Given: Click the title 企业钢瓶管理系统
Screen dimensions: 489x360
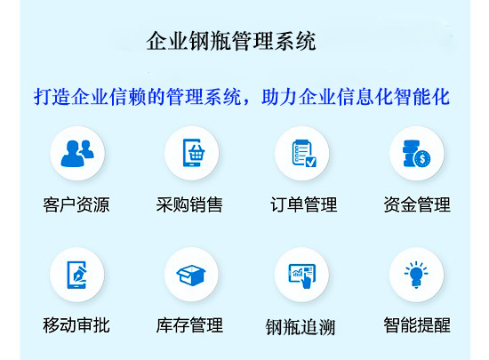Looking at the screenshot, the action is coord(231,41).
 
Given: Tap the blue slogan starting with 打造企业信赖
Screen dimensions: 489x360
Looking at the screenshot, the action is coord(242,97).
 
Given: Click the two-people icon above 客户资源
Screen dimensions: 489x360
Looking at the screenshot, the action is coord(77,154).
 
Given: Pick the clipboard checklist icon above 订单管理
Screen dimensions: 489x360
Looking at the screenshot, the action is coord(304,153).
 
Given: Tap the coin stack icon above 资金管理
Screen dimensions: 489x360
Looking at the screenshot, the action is coord(416,154).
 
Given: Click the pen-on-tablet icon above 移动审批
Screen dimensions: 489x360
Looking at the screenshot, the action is coord(76,275).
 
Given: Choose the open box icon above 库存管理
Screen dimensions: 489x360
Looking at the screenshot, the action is coord(191,275).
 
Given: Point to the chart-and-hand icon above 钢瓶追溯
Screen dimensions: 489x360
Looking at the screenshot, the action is coord(302,276).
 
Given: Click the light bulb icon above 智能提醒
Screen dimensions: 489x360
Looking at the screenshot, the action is coord(416,275).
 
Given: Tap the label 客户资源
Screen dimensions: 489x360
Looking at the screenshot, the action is coord(76,204).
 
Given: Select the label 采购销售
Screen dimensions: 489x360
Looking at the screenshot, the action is coord(189,204).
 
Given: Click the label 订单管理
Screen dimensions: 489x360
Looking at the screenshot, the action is coord(304,204).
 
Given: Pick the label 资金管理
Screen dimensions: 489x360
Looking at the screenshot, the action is coord(417,204).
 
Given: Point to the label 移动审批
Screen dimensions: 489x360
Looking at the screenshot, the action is coord(76,325).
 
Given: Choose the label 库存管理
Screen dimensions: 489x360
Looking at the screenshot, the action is coord(189,325).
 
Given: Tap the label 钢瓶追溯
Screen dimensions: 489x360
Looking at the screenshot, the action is coord(301,327).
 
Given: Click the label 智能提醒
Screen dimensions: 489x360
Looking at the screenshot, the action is coord(417,325).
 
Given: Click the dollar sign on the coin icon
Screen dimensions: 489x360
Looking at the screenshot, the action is coord(422,159).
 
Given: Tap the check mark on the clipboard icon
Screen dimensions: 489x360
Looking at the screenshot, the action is coord(310,162).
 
